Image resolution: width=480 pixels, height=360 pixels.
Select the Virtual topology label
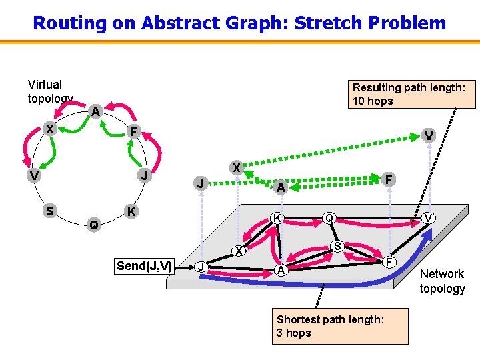49,91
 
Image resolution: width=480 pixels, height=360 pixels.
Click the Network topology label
442,281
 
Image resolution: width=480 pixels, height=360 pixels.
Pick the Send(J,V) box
144,266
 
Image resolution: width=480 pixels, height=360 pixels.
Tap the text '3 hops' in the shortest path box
294,333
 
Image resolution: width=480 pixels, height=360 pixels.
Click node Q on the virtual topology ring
95,225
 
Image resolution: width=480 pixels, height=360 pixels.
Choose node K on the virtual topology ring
132,212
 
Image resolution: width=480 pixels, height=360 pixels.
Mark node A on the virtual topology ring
96,112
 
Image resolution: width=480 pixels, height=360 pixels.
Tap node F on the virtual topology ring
134,132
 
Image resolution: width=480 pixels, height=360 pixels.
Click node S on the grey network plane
338,247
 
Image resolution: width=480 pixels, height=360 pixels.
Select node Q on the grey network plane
329,218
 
